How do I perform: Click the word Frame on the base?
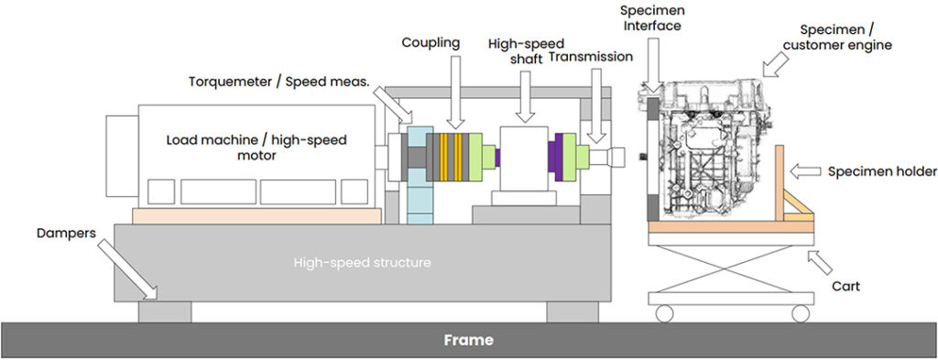468,341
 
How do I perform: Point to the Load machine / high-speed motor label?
256,148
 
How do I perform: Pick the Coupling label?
431,43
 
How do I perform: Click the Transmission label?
591,57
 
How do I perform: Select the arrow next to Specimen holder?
805,170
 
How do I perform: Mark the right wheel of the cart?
801,313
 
